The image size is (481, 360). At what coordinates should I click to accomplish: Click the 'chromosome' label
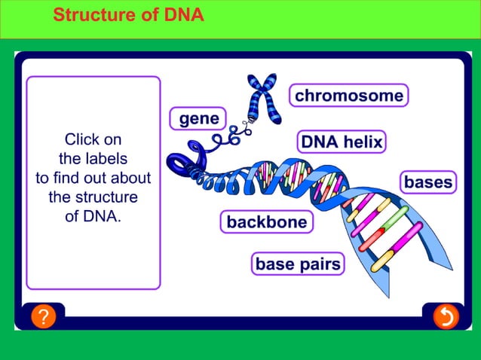coord(348,96)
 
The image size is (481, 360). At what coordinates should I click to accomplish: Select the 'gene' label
coord(198,119)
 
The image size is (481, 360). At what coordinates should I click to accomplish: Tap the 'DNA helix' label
coord(342,142)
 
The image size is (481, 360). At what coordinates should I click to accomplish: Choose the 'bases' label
coord(428,182)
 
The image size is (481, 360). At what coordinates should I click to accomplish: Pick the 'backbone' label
coord(267,222)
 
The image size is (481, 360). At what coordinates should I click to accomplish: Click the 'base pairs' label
coord(298,264)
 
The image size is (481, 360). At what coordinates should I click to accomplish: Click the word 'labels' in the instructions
coord(105,159)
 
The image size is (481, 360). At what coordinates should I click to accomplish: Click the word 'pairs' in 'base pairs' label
coord(319,264)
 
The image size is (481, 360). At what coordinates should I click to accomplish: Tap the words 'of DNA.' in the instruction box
coord(93,217)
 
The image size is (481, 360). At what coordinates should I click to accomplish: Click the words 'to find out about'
coord(93,178)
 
